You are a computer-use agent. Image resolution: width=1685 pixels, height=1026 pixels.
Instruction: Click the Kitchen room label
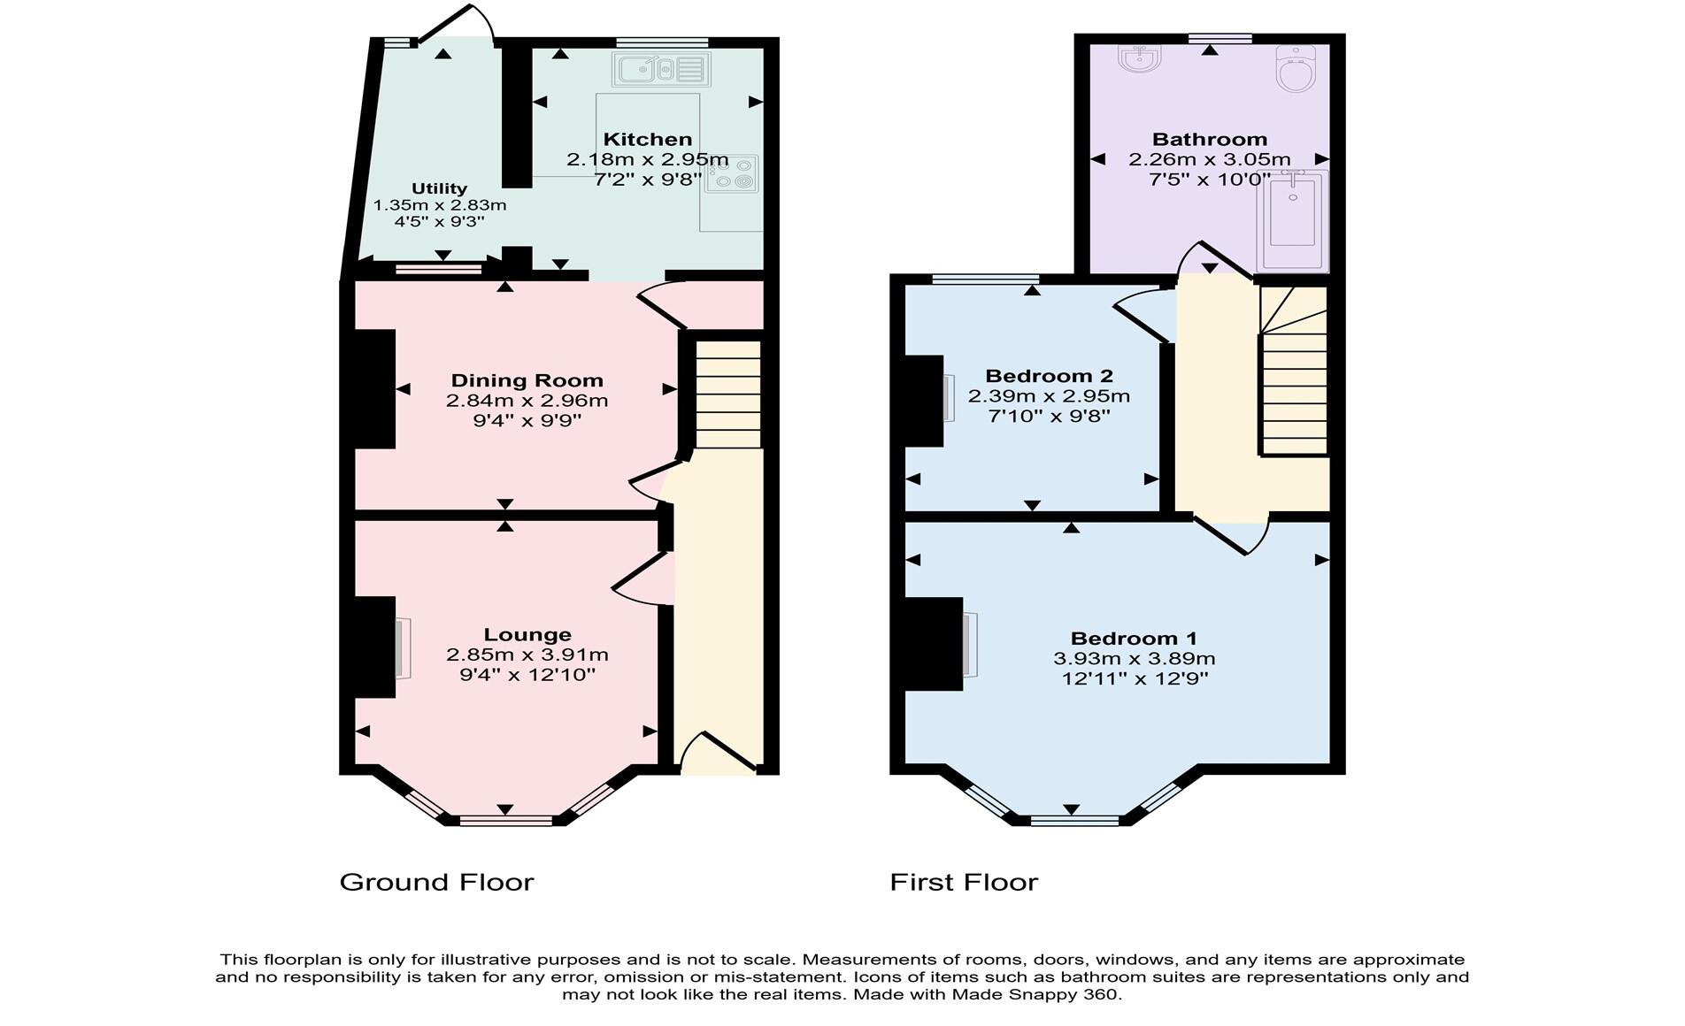[647, 139]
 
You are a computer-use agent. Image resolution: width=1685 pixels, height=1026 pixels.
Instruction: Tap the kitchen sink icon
[661, 69]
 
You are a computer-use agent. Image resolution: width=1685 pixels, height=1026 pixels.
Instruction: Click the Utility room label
[439, 188]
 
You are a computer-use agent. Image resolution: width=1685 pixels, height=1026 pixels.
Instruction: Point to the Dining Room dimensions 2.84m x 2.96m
[527, 401]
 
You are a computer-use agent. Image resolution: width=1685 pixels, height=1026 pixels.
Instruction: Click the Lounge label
[527, 634]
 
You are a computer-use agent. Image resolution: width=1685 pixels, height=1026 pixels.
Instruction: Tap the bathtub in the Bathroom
[1292, 221]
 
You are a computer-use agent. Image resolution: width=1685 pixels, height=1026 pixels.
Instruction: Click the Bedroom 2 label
[1049, 376]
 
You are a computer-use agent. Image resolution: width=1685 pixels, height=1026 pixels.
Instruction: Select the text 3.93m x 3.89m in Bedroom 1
[1134, 659]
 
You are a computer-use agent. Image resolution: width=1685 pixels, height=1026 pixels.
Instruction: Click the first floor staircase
[1294, 389]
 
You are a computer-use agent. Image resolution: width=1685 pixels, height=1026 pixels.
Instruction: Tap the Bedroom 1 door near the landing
[1230, 535]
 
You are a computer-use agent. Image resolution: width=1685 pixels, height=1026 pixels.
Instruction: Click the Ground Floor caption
[437, 882]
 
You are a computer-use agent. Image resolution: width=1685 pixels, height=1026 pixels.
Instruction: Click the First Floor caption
[963, 882]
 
